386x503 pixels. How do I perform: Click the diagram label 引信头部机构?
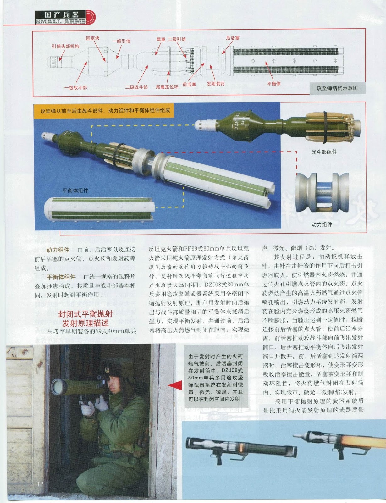[65, 46]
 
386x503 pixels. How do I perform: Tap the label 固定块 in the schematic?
[93, 38]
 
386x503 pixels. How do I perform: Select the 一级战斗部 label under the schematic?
[75, 88]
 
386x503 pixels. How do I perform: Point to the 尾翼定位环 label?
[167, 87]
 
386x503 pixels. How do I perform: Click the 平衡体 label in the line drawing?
[274, 84]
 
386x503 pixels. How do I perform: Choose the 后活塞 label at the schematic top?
[233, 38]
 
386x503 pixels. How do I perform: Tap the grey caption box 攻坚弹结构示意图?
[337, 88]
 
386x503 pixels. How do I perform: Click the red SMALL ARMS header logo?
[65, 18]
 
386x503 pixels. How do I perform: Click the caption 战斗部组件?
[324, 152]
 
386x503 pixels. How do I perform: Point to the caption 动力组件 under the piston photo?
[322, 224]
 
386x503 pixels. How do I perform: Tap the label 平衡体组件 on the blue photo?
[75, 190]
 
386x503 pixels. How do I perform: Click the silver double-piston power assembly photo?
[322, 192]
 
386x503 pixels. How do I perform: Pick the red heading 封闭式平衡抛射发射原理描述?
[85, 318]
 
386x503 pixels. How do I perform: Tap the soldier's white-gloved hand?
[101, 403]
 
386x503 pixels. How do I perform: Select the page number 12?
[40, 484]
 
